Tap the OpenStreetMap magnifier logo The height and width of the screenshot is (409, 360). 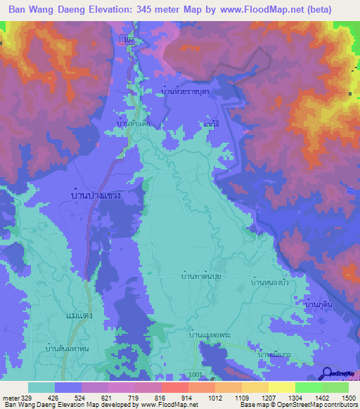(328, 373)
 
